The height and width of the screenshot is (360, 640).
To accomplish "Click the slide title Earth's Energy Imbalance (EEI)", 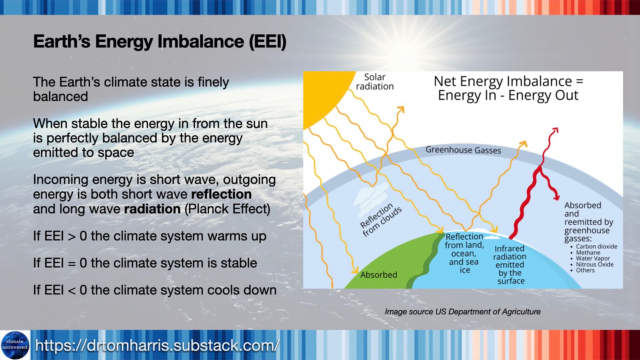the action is coord(160,42).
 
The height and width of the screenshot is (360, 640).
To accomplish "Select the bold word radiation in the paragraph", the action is coord(152,209).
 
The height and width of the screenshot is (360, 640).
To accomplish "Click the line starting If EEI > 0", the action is coord(150,236).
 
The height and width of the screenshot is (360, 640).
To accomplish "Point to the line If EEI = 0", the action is coord(145,263).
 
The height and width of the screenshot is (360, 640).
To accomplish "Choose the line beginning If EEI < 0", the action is coord(155,290).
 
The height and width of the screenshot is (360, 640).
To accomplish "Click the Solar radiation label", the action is coord(375,82).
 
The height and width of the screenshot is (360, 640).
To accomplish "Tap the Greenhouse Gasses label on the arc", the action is coord(463,150).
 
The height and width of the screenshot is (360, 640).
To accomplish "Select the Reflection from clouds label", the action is coord(381,220).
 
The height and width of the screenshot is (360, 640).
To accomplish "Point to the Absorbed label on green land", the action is coord(379,275).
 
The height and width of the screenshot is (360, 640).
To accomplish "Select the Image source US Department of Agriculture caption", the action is coord(463,312).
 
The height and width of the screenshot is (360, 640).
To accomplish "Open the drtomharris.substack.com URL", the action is coord(157,345).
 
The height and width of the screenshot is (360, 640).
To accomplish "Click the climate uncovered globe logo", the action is coord(15,345).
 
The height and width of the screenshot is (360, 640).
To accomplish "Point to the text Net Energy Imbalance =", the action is coord(508,81).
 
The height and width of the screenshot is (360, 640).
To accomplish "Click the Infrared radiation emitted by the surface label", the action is coord(510,265).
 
